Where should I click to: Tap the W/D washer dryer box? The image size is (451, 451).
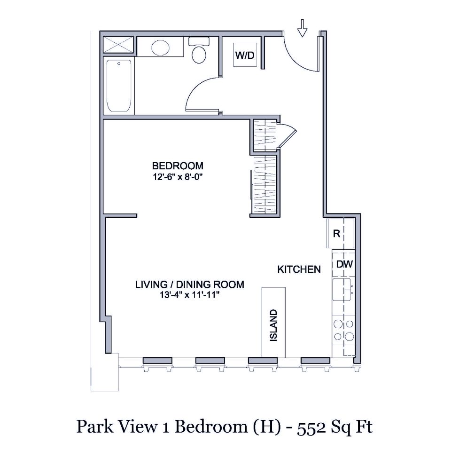pos(245,55)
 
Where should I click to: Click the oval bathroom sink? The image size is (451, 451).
pos(161,48)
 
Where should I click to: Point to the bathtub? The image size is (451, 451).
pos(118,86)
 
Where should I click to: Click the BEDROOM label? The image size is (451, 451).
pos(178,166)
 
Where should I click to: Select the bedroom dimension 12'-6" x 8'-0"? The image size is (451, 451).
pos(178,177)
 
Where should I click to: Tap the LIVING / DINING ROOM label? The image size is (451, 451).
pos(190,285)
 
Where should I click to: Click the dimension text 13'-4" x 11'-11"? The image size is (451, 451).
pos(190,295)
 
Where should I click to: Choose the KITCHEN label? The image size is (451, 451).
pos(299,269)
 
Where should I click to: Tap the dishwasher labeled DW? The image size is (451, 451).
pos(344,264)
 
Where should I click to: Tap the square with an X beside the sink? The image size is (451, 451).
pos(119,45)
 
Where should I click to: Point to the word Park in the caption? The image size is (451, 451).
pos(92,427)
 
